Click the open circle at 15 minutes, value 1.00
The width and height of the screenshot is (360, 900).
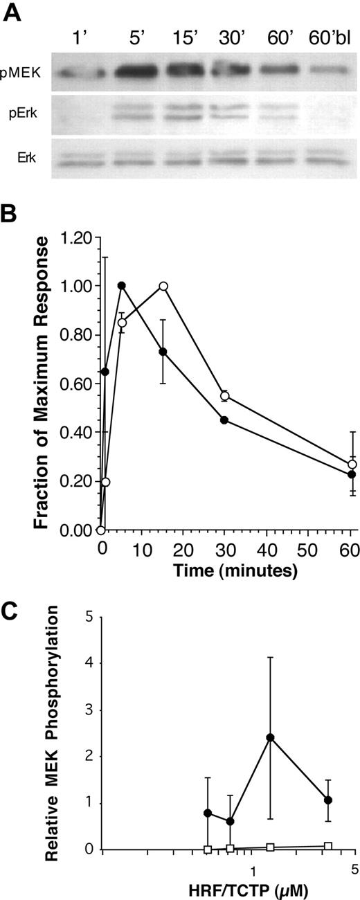(x=163, y=286)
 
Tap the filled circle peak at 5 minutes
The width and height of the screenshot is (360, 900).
(x=122, y=286)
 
